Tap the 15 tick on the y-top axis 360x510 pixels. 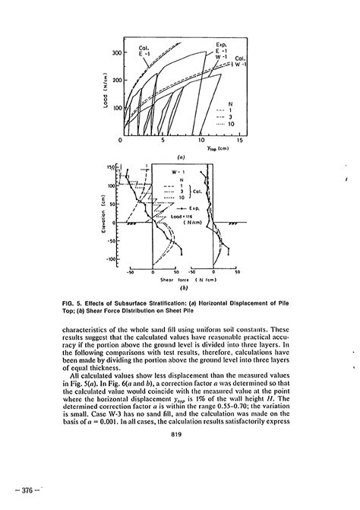tap(239, 141)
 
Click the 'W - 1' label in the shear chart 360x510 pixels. tap(176, 173)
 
